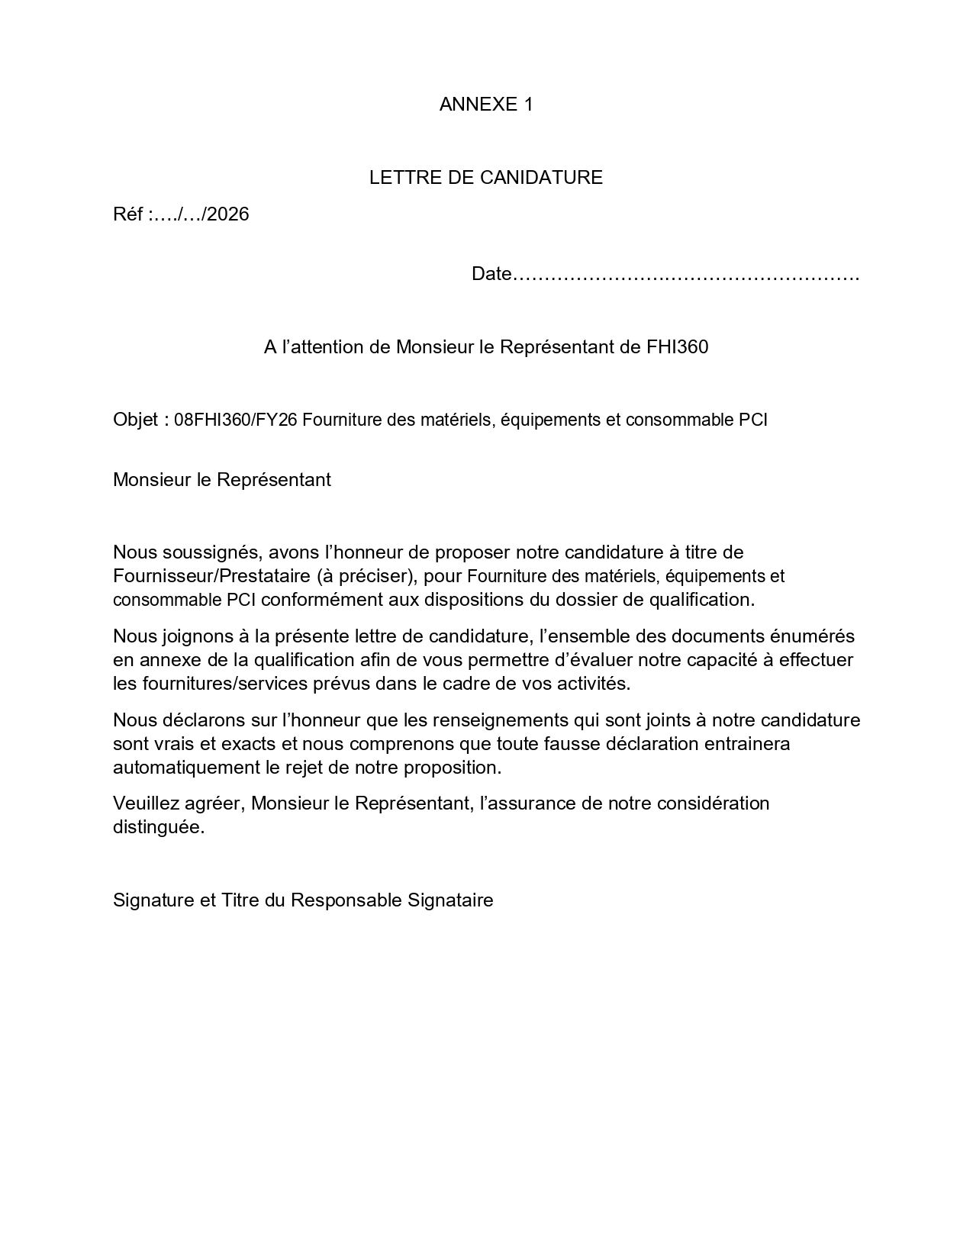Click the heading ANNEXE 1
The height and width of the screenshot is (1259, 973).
pos(485,105)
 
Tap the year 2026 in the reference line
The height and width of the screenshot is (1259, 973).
pos(228,214)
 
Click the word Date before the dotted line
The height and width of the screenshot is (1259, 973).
pos(491,274)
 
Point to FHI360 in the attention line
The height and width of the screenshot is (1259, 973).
pos(677,347)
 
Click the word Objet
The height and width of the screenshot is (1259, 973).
pos(135,420)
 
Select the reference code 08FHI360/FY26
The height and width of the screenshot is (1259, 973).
pos(236,420)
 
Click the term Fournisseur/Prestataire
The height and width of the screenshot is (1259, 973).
pos(198,575)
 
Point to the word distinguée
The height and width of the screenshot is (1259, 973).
pos(158,827)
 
